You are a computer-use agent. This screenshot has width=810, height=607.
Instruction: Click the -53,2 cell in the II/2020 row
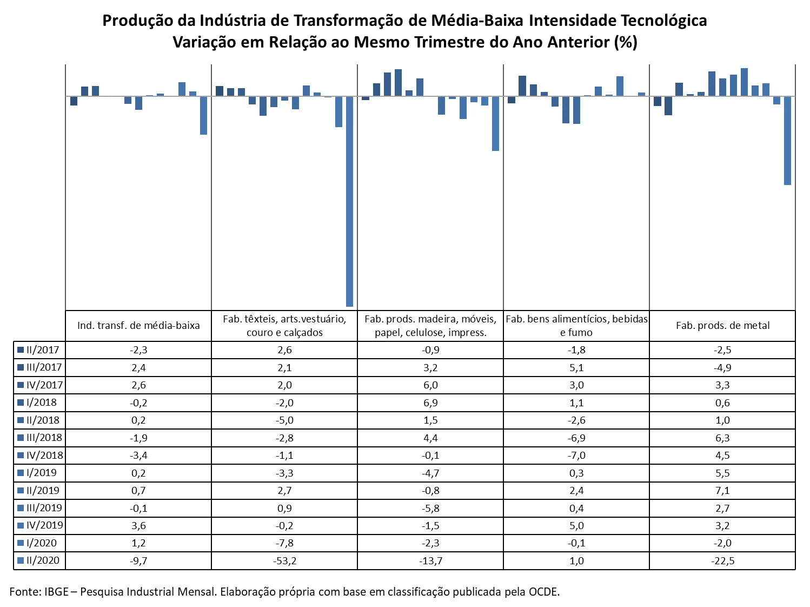coord(284,561)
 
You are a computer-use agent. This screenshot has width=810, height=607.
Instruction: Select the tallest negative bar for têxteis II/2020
coord(349,201)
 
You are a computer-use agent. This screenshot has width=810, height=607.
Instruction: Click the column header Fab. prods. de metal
coord(722,325)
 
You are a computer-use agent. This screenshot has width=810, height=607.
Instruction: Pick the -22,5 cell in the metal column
coord(722,561)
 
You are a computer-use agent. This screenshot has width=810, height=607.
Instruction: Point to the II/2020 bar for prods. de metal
coord(787,141)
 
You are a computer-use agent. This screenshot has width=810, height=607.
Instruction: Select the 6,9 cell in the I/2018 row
coord(430,403)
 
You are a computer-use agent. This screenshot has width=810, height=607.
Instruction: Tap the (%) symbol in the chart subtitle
coord(626,42)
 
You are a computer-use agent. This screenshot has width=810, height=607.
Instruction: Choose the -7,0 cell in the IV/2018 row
coord(576,456)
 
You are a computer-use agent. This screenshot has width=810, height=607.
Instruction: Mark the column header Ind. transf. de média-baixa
coord(138,325)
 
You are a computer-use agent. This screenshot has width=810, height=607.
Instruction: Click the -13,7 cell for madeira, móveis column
coord(430,561)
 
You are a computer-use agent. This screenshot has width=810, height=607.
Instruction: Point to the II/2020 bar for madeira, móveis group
coord(495,124)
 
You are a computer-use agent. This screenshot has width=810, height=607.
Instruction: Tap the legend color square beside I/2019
coord(21,473)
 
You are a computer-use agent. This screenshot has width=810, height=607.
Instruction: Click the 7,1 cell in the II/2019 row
coord(722,490)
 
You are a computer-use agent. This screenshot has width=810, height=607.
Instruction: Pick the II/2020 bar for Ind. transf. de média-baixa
coord(203,116)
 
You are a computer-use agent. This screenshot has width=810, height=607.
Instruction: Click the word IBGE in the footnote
coord(56,591)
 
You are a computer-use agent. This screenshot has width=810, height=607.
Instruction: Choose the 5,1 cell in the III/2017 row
coord(576,367)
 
